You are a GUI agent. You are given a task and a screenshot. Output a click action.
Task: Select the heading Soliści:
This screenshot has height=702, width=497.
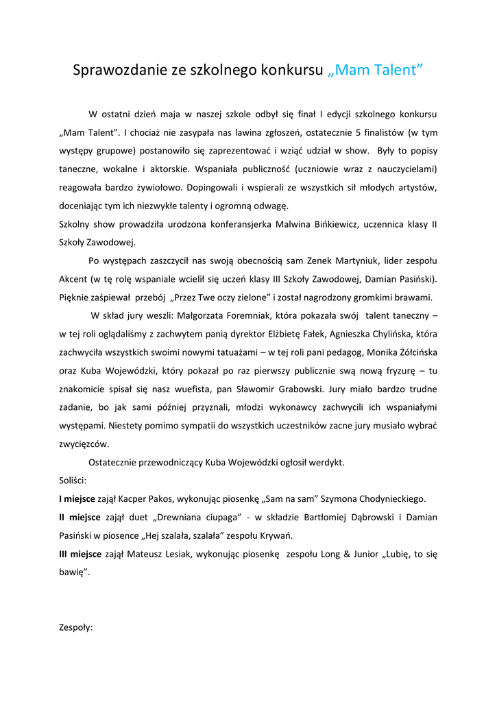[x=73, y=481]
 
